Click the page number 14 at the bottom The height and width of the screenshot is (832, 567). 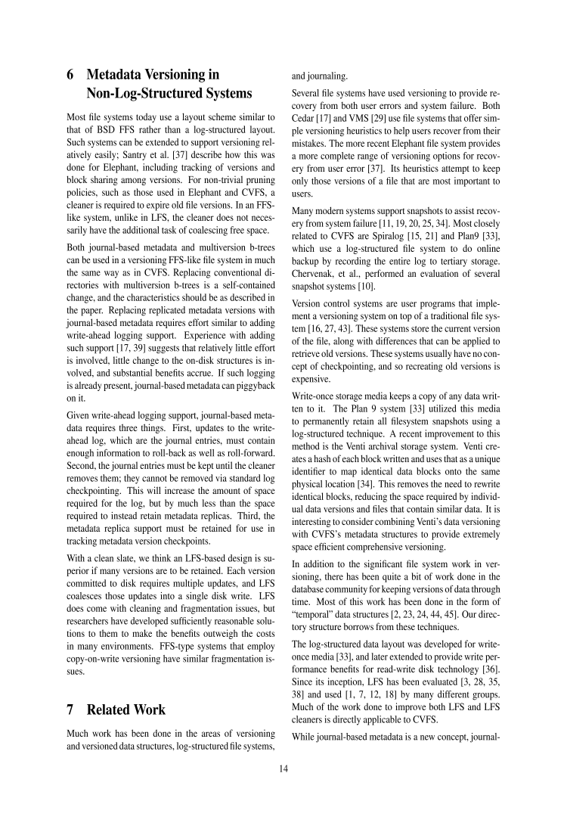283,775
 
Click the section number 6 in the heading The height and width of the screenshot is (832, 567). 70,75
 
